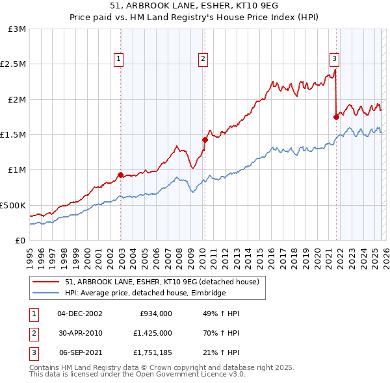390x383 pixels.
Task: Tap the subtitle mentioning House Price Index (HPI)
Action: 194,18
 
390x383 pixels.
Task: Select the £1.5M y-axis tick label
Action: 14,135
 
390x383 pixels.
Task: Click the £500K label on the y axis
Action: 14,205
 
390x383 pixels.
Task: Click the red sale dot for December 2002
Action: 121,175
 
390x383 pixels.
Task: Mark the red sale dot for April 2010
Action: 205,140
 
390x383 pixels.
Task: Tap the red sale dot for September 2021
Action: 336,117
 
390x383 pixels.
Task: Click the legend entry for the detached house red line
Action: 162,282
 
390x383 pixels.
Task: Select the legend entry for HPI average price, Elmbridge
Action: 144,293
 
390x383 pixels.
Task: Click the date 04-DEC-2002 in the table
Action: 80,313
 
